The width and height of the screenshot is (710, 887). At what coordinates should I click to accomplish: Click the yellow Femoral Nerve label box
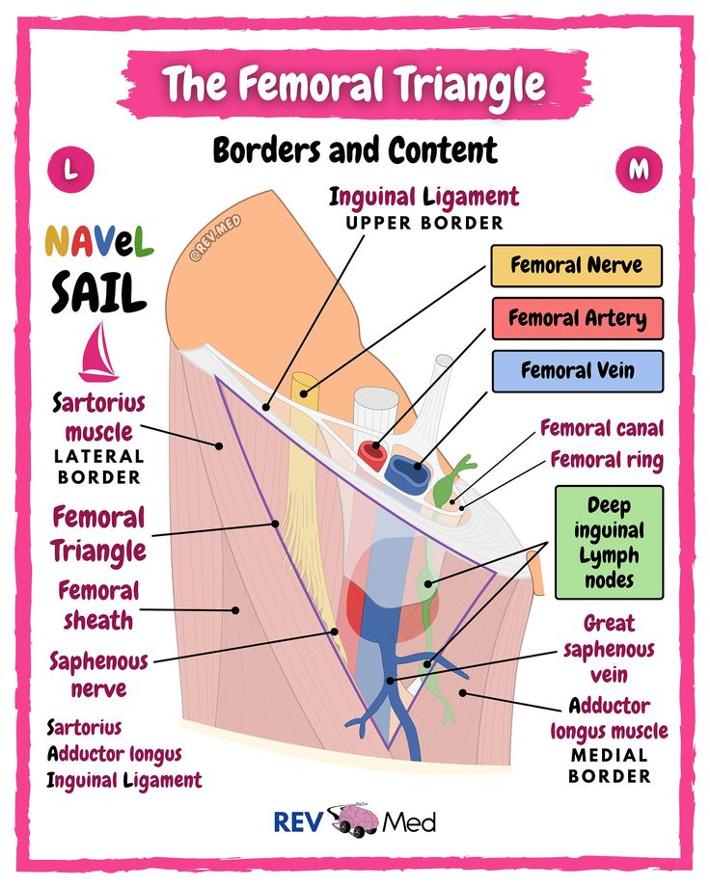coord(576,265)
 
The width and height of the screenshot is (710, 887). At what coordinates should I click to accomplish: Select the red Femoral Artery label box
coord(576,318)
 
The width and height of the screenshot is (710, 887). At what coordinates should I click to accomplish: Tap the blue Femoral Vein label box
coord(576,370)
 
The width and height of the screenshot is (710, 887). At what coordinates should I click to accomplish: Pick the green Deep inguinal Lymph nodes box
coord(609,542)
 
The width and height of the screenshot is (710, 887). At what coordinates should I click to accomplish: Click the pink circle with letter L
coord(69,170)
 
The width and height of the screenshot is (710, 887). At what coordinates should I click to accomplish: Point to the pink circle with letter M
coord(639,170)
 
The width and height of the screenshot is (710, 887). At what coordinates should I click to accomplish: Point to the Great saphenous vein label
coord(609,648)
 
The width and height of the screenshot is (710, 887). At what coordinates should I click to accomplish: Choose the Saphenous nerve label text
coord(99,675)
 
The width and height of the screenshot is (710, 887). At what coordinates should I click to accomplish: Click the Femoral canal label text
coord(601,427)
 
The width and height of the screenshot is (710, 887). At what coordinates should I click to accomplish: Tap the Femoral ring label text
coord(606,460)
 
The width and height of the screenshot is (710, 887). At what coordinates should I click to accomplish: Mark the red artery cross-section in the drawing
coord(371,450)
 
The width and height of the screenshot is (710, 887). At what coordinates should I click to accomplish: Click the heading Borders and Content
coord(354,150)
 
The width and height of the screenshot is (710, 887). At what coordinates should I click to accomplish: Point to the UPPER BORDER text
coord(425,223)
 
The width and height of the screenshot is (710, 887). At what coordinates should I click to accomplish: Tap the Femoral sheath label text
coord(96,605)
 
